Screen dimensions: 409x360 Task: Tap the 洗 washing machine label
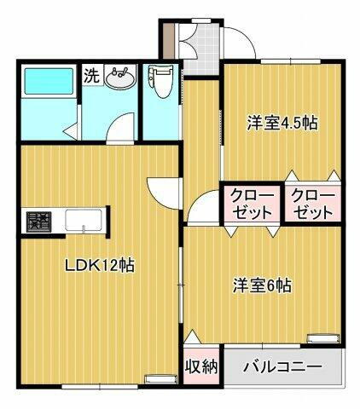(x=91, y=75)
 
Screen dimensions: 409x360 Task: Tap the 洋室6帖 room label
(x=262, y=285)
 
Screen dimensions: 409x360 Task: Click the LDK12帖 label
(x=100, y=265)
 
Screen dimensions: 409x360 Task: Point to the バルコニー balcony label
(x=282, y=368)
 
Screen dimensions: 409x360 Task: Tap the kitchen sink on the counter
(x=84, y=222)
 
